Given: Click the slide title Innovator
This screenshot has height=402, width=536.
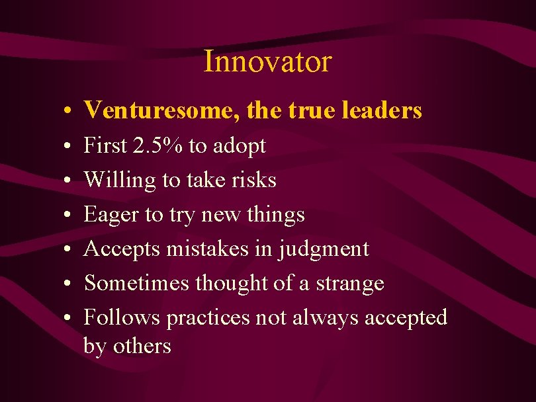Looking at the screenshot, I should click(x=267, y=61).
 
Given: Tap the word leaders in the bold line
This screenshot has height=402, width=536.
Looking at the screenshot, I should click(x=382, y=110).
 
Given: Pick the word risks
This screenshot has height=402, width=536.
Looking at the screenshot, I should click(x=252, y=180).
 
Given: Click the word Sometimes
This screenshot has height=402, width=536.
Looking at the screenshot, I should click(x=137, y=283).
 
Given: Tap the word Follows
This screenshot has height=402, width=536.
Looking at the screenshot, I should click(x=122, y=317).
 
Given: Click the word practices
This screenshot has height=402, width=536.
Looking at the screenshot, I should click(x=208, y=318).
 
